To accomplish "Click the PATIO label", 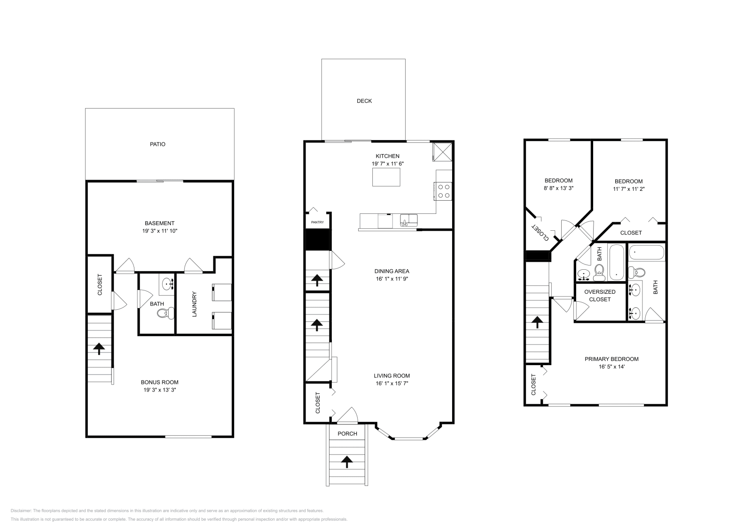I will [x=158, y=144].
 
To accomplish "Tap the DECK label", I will [x=364, y=101].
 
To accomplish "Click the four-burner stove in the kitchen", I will [x=444, y=191].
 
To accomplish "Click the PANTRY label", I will [x=318, y=222].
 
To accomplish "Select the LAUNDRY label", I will [x=194, y=304].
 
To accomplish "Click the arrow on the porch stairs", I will [x=347, y=462].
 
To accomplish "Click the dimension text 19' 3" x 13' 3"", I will [x=160, y=390].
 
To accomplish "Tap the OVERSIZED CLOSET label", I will [x=600, y=296].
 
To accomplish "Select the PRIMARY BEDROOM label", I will [x=611, y=359].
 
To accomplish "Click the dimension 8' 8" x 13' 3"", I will [x=558, y=188].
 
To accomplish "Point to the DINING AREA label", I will [x=392, y=271].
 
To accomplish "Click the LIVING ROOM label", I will [x=392, y=376].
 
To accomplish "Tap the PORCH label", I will [x=347, y=434].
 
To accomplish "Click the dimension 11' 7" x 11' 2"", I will [x=628, y=189].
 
